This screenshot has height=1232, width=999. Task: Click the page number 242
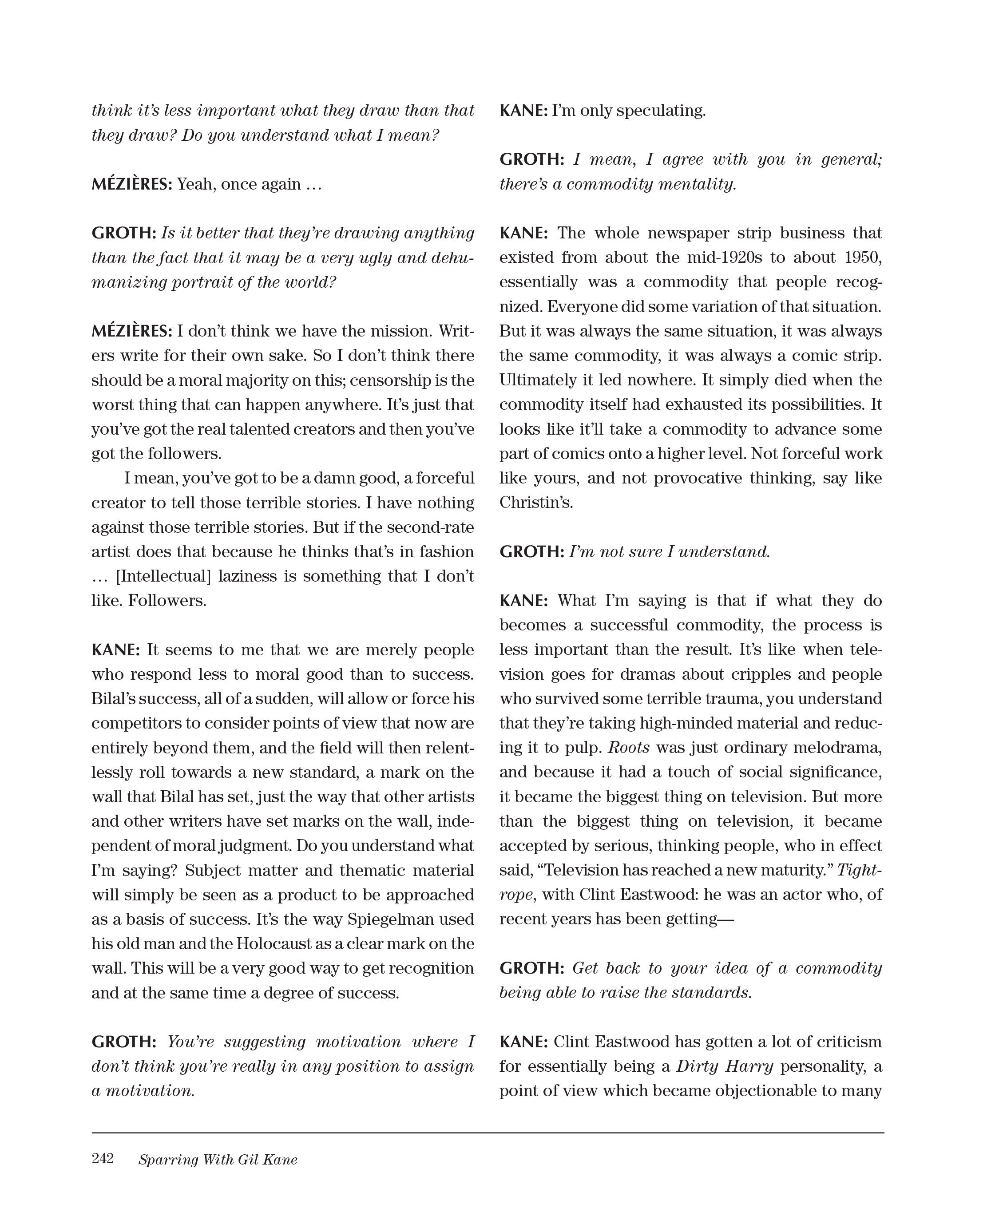tap(103, 1158)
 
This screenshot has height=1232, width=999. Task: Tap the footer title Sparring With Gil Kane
tap(218, 1160)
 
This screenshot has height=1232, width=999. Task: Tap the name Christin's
tap(536, 503)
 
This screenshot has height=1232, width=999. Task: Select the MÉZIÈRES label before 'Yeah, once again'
tap(132, 184)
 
